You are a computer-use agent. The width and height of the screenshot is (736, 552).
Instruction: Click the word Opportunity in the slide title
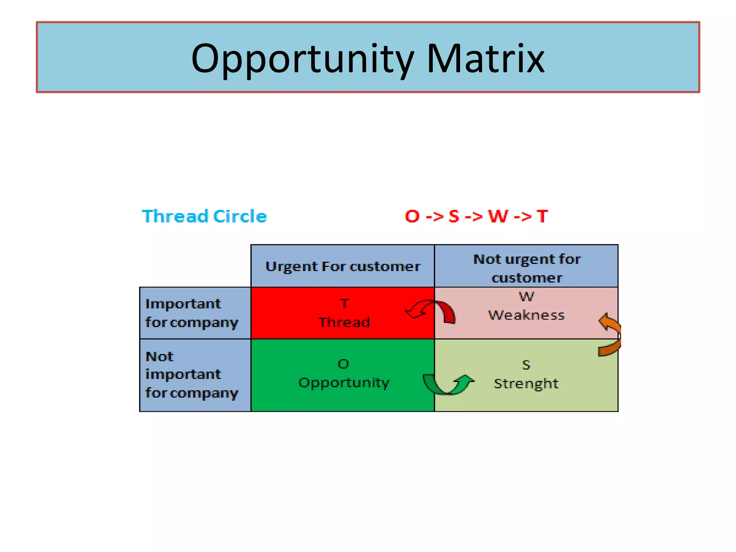(x=303, y=59)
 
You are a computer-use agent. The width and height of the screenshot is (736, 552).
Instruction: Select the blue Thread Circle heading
(x=204, y=216)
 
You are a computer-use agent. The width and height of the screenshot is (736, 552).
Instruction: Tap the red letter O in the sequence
(x=412, y=216)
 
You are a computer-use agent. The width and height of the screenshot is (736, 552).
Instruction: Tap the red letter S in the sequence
(x=454, y=216)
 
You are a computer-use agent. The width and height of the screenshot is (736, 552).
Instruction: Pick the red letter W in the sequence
(x=498, y=216)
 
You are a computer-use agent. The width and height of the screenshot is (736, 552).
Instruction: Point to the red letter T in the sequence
(x=542, y=216)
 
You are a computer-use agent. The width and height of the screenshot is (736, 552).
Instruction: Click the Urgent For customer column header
(x=342, y=267)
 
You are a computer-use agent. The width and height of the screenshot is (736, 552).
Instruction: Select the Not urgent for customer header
(x=526, y=268)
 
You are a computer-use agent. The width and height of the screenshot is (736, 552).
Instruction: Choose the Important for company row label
(x=192, y=313)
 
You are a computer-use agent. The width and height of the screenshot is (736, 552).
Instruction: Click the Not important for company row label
(x=192, y=374)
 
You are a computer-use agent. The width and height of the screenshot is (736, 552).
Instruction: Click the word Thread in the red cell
(x=344, y=322)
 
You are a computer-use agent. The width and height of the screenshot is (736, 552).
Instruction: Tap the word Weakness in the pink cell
(x=526, y=315)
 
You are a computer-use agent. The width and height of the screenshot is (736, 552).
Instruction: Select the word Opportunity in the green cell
(x=344, y=383)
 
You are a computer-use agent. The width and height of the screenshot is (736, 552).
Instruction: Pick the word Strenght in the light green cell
(x=526, y=383)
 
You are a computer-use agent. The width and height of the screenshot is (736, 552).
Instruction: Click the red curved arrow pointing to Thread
(x=431, y=310)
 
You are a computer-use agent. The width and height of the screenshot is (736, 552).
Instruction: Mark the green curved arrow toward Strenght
(x=447, y=385)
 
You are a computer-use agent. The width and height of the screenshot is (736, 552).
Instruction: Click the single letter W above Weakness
(x=526, y=297)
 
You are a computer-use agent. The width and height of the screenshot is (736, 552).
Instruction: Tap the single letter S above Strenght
(x=526, y=365)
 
